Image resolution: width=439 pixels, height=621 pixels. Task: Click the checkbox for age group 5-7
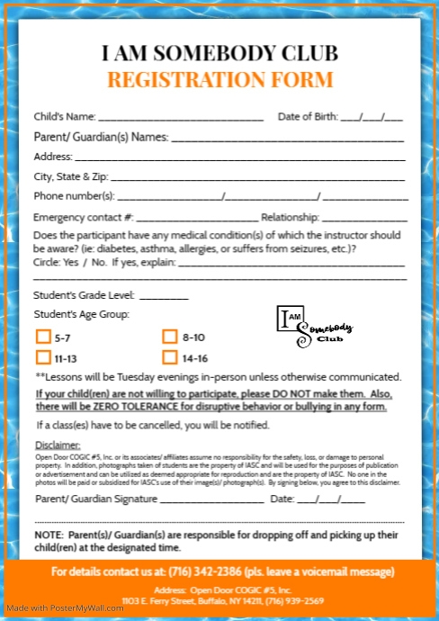pos(42,337)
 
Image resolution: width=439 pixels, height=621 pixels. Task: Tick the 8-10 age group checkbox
pos(169,337)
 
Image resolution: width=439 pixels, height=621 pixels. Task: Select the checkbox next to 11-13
pos(42,357)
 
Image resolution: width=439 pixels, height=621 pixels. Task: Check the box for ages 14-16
pos(169,357)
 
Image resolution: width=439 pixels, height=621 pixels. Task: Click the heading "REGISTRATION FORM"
pos(219,79)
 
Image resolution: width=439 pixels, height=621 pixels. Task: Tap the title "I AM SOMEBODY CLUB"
pos(219,51)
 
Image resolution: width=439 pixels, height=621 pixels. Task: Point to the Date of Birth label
pos(308,116)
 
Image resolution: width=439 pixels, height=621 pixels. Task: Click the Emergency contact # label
pos(84,217)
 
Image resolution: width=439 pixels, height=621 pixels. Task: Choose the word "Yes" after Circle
pos(73,262)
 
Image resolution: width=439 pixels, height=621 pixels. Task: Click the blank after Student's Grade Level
pos(164,296)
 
